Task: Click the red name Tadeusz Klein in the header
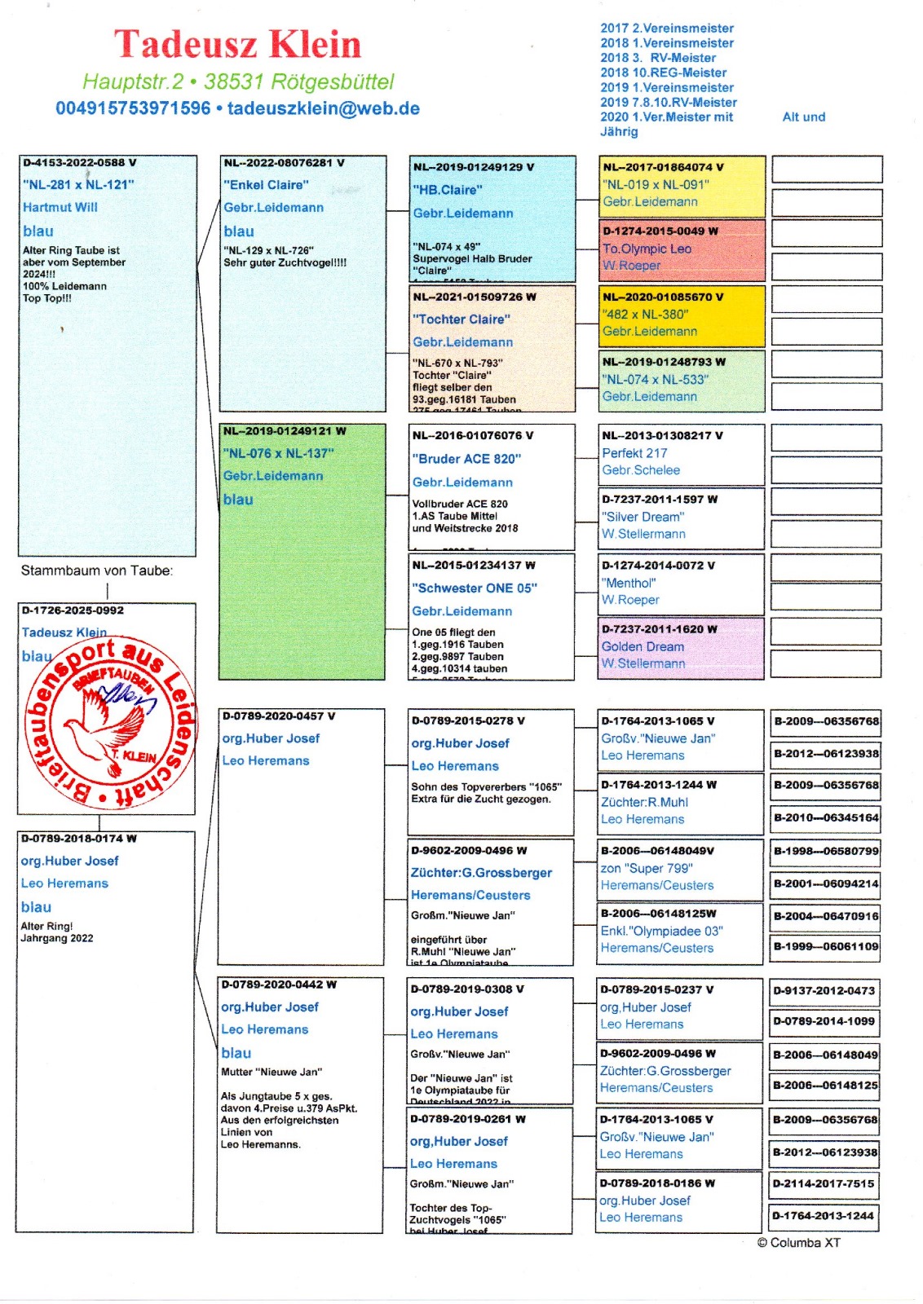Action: tap(237, 45)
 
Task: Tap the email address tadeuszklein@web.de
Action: tap(324, 108)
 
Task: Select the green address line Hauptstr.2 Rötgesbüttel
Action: tap(238, 81)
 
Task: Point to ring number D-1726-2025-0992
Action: tap(73, 610)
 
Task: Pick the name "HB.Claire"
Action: tap(447, 190)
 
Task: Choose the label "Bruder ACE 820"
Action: tap(466, 459)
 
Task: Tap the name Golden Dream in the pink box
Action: tap(643, 646)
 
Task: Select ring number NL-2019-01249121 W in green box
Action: tap(285, 431)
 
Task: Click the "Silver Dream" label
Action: tap(643, 517)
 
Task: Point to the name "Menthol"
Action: tap(629, 583)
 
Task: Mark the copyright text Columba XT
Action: tap(798, 1243)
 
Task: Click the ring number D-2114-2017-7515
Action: tap(824, 1183)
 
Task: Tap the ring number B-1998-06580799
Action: tap(826, 851)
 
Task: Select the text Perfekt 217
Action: tap(634, 453)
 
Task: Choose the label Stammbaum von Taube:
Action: tap(97, 570)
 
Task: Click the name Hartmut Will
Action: tap(60, 207)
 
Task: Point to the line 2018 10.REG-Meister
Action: tap(663, 73)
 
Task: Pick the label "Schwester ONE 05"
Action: tap(475, 588)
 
